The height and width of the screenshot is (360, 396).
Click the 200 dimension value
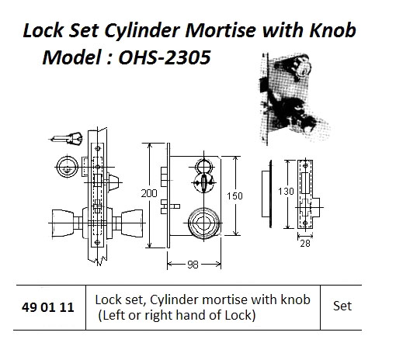point(149,193)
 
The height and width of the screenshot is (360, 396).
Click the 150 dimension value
point(234,196)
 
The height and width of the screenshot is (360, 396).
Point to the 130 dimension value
point(286,192)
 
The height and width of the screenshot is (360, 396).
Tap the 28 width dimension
point(305,244)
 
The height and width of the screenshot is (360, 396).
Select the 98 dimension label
point(193,265)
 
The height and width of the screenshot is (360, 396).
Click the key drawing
point(66,138)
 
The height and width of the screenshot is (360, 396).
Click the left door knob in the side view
point(62,223)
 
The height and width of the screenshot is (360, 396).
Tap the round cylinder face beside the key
point(68,167)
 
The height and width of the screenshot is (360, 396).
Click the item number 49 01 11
point(48,307)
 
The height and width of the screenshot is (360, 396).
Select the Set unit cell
point(342,306)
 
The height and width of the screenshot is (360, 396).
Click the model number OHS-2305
point(164,57)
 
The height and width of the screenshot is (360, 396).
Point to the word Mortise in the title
point(221,30)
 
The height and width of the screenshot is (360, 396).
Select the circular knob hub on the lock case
point(203,223)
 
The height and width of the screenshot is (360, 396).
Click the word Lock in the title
point(43,30)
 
